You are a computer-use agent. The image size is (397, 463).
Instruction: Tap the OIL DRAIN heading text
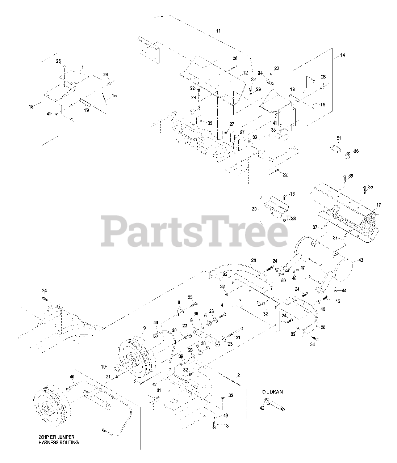pyautogui.click(x=273, y=392)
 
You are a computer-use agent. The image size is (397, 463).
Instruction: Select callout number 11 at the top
pyautogui.click(x=218, y=31)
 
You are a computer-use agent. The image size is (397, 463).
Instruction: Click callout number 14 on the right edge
pyautogui.click(x=342, y=55)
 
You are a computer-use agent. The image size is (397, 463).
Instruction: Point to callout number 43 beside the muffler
pyautogui.click(x=360, y=260)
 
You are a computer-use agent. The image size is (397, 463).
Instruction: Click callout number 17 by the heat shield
pyautogui.click(x=379, y=205)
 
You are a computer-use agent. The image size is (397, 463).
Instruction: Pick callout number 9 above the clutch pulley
pyautogui.click(x=144, y=328)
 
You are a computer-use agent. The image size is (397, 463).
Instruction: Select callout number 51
pyautogui.click(x=339, y=138)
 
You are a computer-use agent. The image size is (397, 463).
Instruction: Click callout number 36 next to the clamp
pyautogui.click(x=356, y=152)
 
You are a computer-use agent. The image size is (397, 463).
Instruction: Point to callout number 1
pyautogui.click(x=83, y=67)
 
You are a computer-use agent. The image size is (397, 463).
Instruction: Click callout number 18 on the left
pyautogui.click(x=32, y=107)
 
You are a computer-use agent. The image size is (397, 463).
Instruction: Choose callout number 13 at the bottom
pyautogui.click(x=226, y=426)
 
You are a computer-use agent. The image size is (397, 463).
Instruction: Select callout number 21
pyautogui.click(x=238, y=337)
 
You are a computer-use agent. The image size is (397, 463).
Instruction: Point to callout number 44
pyautogui.click(x=344, y=290)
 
